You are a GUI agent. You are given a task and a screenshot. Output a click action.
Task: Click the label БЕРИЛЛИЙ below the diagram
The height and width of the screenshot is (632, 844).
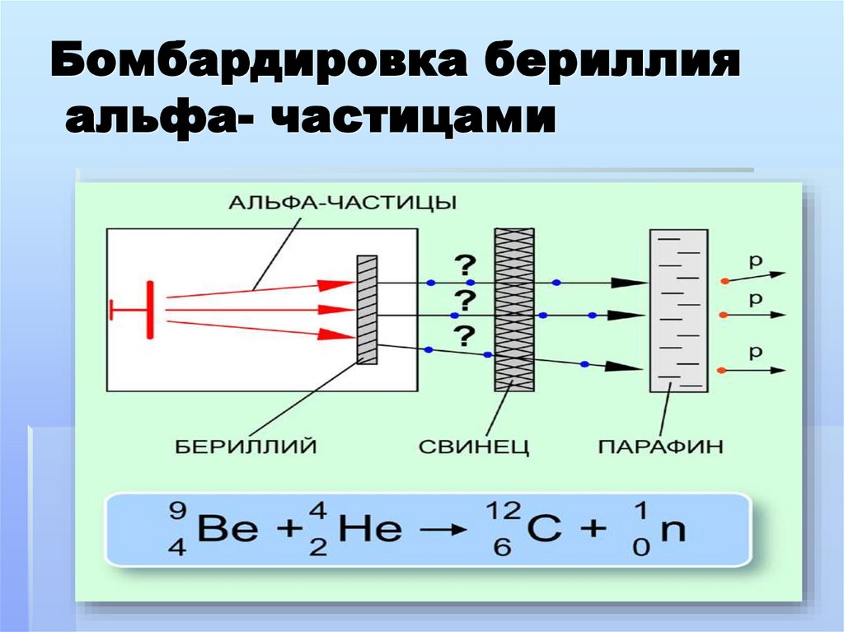tap(246, 447)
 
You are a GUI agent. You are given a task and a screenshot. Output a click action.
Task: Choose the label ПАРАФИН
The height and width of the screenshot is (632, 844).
tap(661, 447)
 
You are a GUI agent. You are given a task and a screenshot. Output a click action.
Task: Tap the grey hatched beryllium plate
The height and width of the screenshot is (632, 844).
tap(367, 310)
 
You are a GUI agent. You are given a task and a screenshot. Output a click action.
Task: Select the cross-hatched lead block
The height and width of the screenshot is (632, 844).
tap(513, 310)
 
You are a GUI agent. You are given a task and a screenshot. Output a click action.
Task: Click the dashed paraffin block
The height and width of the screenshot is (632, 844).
tap(678, 310)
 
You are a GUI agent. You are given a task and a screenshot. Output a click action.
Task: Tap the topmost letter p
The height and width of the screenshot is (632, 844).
tap(754, 262)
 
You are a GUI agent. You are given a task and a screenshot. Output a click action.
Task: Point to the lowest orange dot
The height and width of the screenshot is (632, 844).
tap(724, 370)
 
